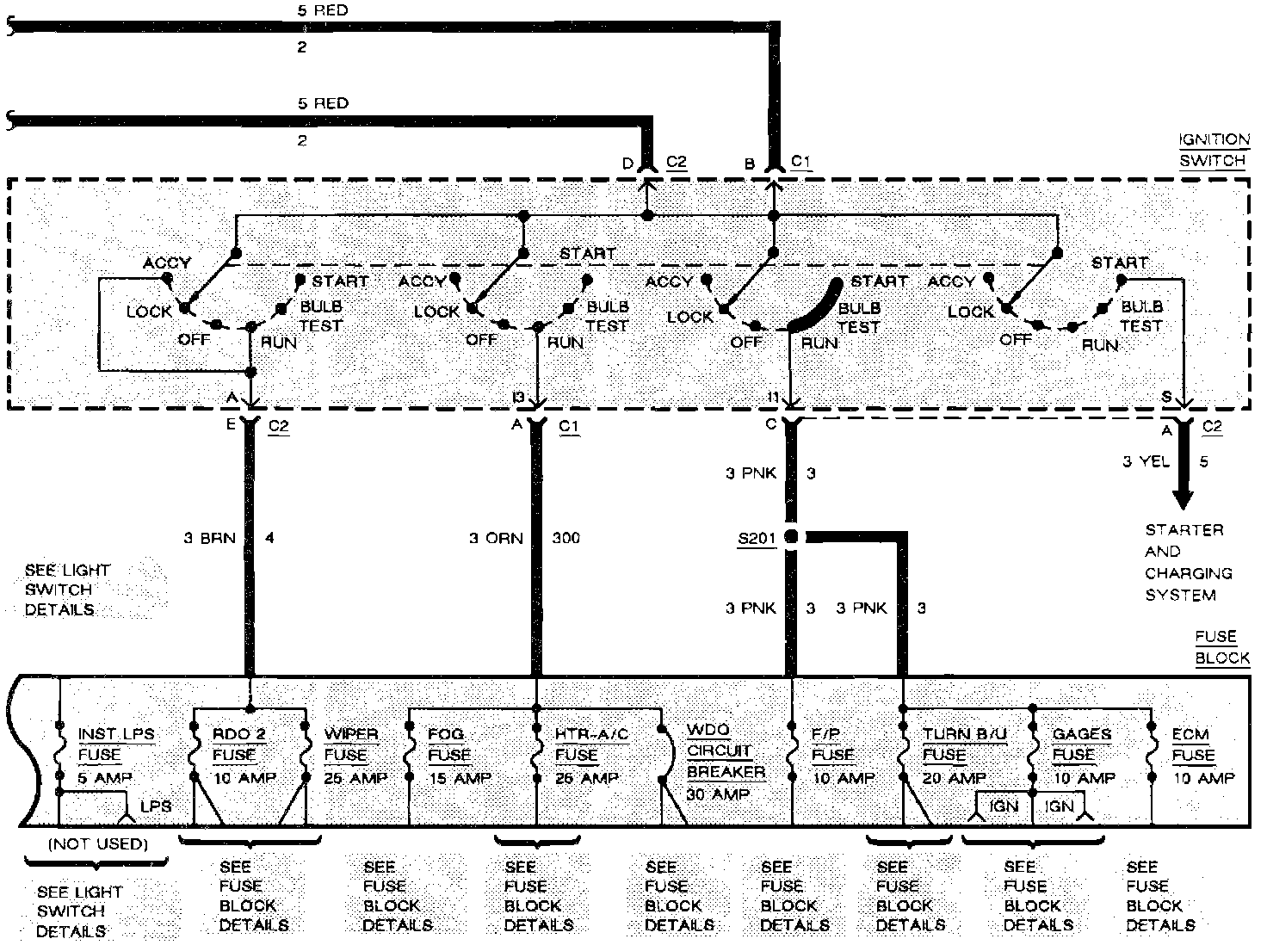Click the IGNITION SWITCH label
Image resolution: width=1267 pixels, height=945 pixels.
1214,150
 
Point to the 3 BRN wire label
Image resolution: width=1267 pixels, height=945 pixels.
209,539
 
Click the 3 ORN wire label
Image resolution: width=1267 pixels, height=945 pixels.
496,539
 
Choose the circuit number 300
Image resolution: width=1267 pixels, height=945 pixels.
566,539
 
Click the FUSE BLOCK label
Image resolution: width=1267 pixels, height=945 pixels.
1221,647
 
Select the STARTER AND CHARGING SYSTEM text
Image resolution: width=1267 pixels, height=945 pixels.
1188,562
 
